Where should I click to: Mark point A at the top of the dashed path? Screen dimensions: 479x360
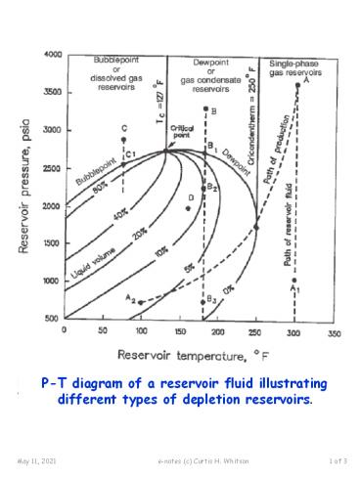[297, 85]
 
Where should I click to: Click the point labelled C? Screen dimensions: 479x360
[123, 140]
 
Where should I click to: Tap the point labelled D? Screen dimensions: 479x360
[188, 208]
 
